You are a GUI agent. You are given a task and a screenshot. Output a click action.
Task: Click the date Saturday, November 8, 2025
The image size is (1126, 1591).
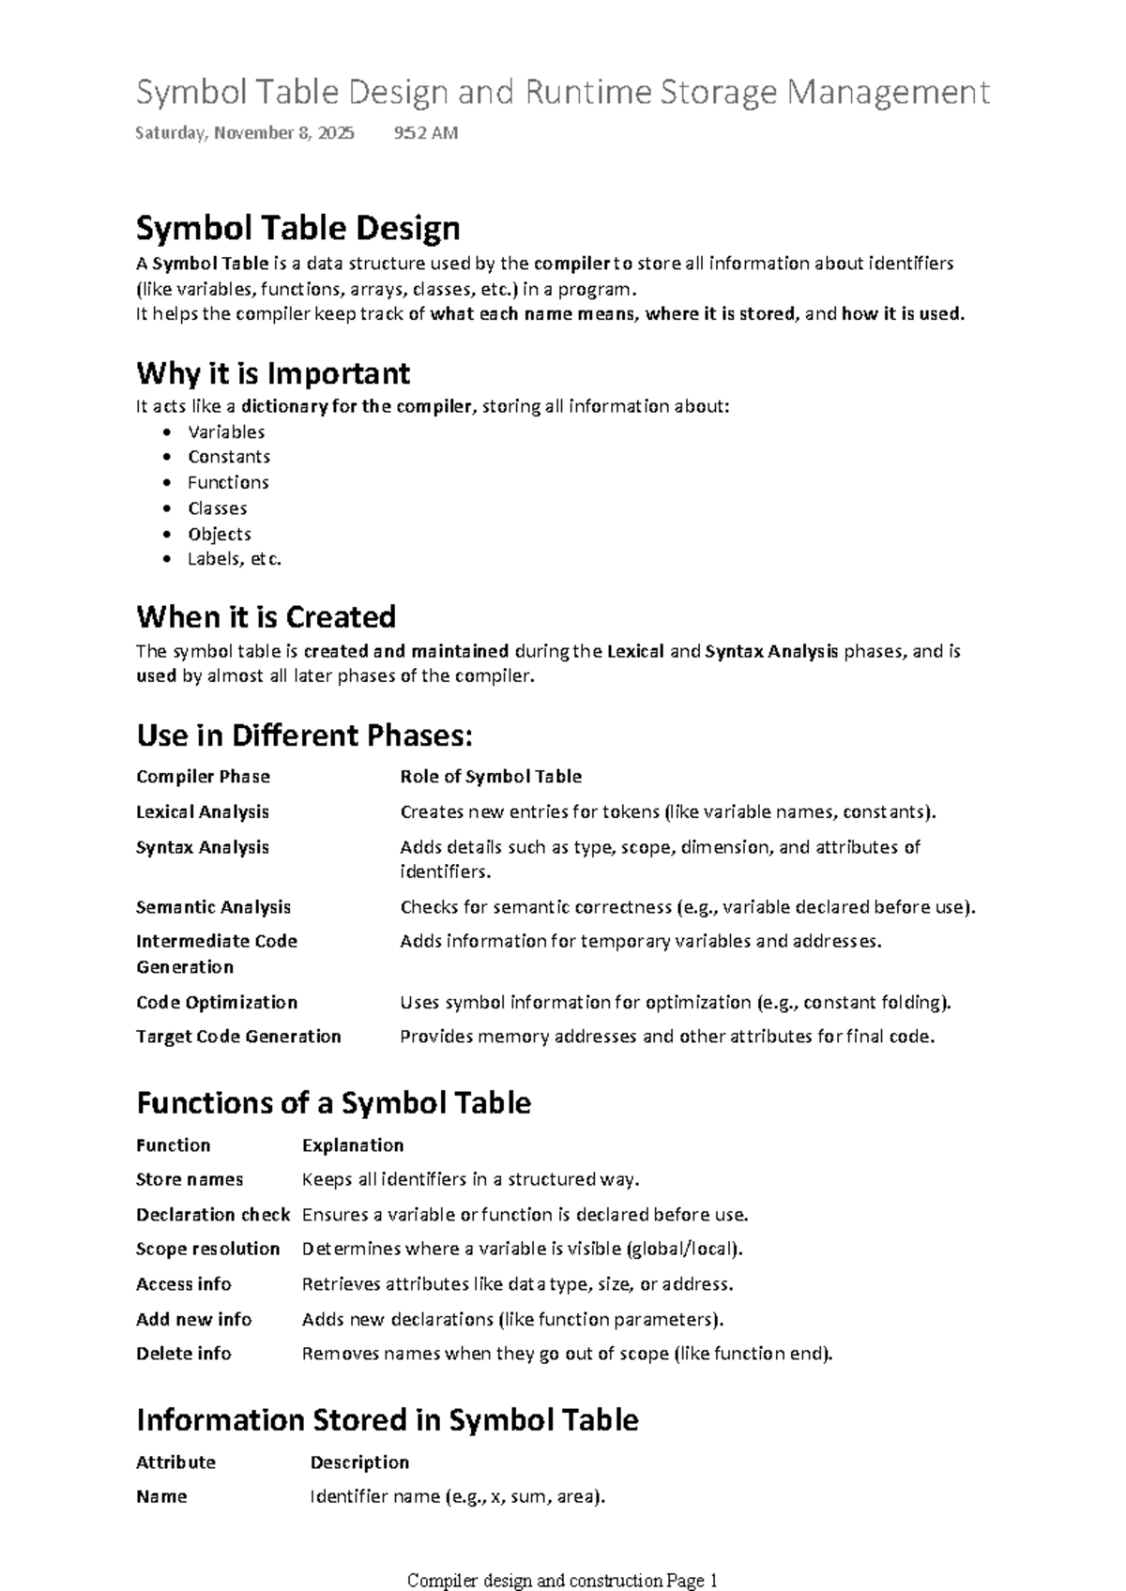click(x=245, y=133)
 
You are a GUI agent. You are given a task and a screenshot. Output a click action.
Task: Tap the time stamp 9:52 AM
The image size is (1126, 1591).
click(x=426, y=133)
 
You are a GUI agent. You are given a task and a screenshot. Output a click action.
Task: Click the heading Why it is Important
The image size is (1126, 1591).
click(x=273, y=373)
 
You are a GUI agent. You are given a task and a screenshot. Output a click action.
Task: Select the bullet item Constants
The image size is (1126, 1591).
click(x=229, y=457)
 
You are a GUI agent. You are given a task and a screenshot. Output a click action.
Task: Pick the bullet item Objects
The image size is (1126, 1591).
click(x=220, y=534)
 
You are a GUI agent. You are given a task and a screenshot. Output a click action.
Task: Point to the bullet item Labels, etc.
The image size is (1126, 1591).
click(x=235, y=559)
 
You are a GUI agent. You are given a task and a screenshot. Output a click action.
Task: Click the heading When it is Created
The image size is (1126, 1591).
click(x=266, y=617)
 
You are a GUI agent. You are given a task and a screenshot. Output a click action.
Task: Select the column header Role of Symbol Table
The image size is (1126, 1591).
click(x=491, y=777)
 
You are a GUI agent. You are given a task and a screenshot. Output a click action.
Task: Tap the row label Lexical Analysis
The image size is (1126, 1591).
click(x=203, y=811)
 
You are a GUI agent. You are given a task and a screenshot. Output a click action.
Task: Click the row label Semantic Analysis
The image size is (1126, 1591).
click(x=213, y=907)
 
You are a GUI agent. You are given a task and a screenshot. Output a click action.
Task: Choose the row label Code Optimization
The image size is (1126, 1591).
click(x=217, y=1002)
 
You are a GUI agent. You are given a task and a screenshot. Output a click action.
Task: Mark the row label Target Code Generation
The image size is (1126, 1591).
click(x=238, y=1037)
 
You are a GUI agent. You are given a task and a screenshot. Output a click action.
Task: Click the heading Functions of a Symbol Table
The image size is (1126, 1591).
click(x=333, y=1102)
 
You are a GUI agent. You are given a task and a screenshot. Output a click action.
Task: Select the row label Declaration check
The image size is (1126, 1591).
click(x=213, y=1215)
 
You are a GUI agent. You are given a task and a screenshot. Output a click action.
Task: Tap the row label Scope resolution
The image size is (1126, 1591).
click(x=207, y=1249)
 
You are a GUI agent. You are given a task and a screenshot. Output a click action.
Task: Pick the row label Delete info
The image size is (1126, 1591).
click(x=184, y=1353)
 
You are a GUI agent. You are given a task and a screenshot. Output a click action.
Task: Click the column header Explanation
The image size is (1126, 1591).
click(x=353, y=1145)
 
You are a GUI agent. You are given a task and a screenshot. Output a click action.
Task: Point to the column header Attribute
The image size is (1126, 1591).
click(x=175, y=1462)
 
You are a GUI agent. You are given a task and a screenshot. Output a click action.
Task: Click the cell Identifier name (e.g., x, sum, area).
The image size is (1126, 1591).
click(x=458, y=1496)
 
